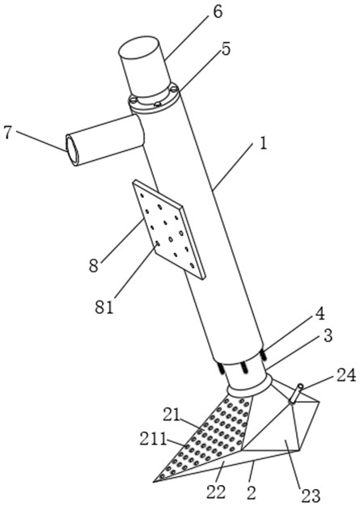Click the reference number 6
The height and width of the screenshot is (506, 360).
click(218, 13)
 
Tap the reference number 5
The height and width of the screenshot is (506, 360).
click(226, 49)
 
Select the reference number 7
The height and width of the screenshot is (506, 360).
click(9, 133)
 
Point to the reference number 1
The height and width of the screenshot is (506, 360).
click(263, 143)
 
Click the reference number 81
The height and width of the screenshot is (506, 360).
click(104, 307)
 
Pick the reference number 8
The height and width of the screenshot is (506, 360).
click(94, 266)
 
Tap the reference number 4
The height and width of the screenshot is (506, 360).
click(320, 315)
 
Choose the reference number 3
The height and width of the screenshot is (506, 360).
click(327, 335)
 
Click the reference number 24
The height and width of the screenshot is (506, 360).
click(345, 376)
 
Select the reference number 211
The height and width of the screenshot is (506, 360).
click(153, 440)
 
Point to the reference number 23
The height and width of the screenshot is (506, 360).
click(311, 495)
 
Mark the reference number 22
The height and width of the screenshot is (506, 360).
click(217, 492)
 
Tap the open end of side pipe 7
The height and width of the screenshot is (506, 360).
click(72, 150)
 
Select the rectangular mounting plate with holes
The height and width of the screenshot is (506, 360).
click(169, 230)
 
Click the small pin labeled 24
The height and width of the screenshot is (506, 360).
click(296, 394)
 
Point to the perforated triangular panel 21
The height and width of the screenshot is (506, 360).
click(210, 436)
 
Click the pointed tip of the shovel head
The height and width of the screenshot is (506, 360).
click(154, 482)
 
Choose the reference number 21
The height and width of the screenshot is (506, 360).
click(172, 415)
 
